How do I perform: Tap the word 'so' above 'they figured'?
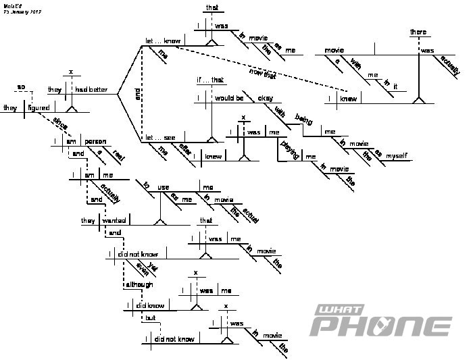(21, 86)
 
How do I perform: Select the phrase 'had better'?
(91, 90)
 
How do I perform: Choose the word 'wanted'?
(114, 220)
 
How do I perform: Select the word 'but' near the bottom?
(150, 317)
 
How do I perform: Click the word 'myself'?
(397, 156)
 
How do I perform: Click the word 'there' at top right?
(420, 32)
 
